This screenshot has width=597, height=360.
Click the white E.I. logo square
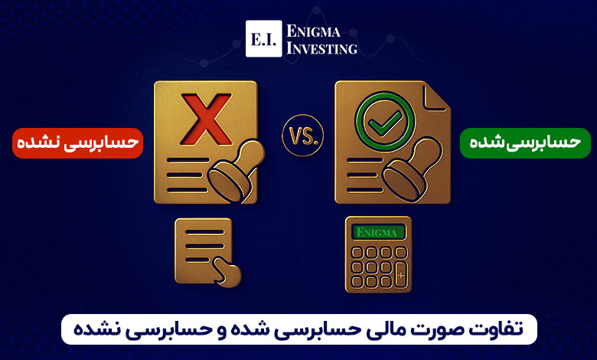[264, 38]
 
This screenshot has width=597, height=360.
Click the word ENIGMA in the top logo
[313, 31]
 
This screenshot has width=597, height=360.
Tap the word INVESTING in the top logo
[321, 48]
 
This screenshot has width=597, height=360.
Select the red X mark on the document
[207, 119]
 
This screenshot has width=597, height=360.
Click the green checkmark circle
[385, 122]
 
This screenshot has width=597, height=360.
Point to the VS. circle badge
[302, 136]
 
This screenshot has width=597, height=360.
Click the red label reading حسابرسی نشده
[77, 143]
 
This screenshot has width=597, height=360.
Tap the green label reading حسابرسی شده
[525, 143]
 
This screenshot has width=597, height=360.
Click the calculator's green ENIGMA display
[378, 232]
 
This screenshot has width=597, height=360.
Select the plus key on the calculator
[400, 275]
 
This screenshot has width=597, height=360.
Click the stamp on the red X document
[236, 170]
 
